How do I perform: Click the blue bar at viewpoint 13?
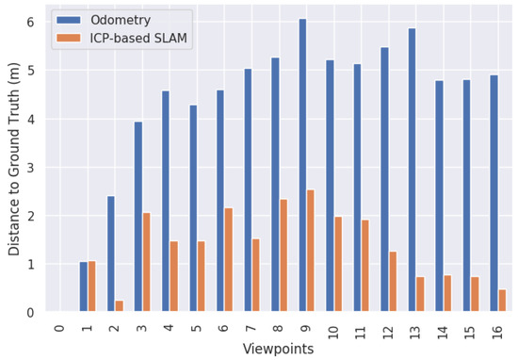[412, 170]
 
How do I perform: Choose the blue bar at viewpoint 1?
[83, 286]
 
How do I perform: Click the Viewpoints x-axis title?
[278, 349]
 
